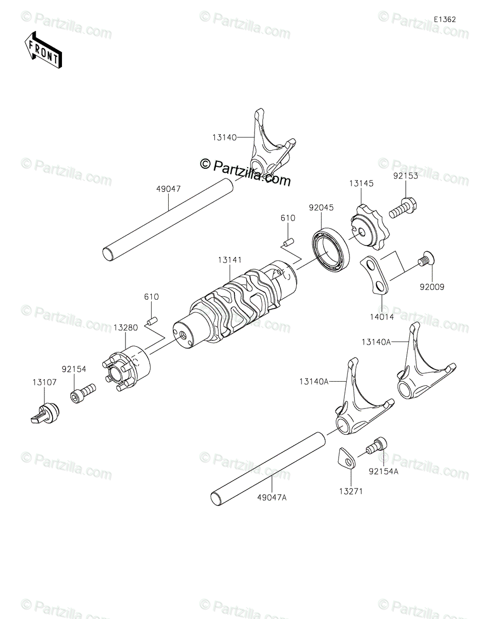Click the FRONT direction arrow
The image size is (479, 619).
44,50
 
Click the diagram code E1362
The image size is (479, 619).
444,19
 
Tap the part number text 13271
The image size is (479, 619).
351,492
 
